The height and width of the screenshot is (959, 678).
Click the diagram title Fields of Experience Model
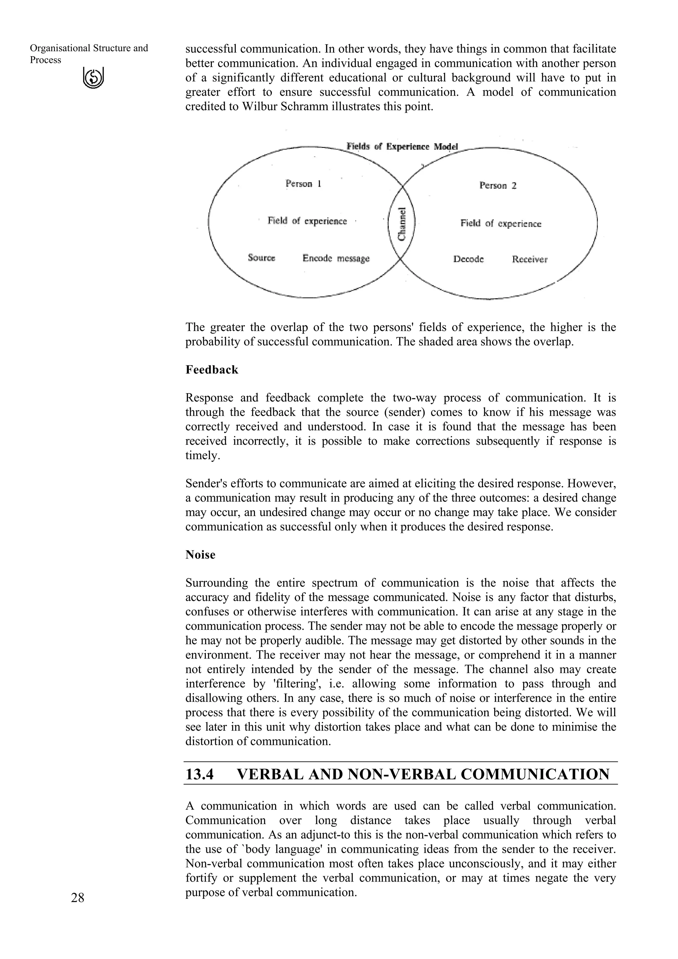click(x=402, y=147)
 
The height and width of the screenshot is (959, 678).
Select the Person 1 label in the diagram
click(x=303, y=184)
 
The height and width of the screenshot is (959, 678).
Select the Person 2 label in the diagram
click(x=498, y=185)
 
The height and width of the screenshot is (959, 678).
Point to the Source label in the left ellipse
click(x=262, y=258)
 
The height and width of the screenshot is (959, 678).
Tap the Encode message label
click(x=336, y=258)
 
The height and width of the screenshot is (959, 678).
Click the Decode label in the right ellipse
click(x=468, y=259)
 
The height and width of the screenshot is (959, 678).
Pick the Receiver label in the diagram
click(x=529, y=259)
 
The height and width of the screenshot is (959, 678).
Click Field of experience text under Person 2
click(x=501, y=223)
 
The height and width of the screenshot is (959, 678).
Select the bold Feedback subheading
click(x=212, y=370)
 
